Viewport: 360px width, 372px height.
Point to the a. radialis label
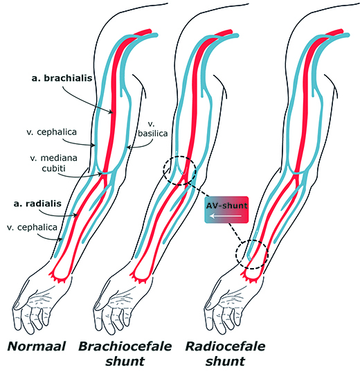pyautogui.click(x=44, y=205)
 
